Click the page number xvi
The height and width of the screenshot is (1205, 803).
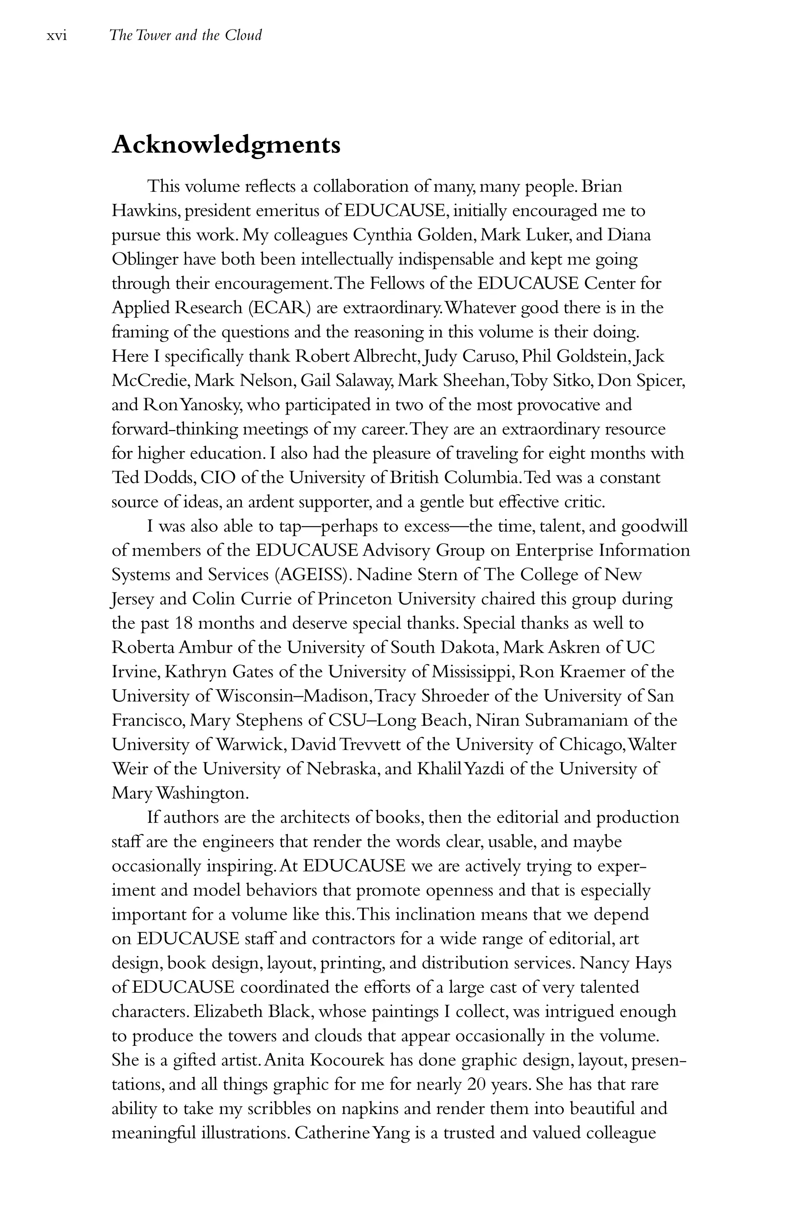coord(57,36)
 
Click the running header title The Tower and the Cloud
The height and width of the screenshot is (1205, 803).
coord(185,35)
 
